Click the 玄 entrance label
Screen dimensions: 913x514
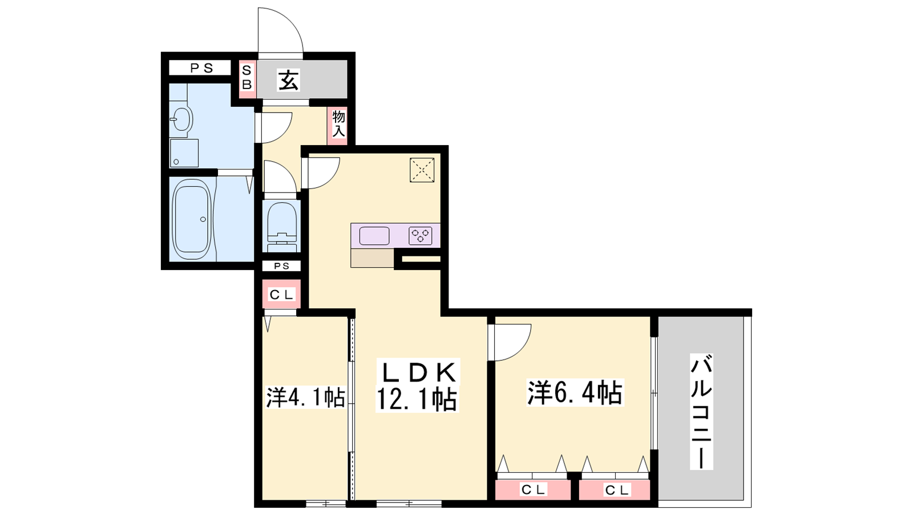[x=289, y=80]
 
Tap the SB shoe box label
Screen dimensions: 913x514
[x=247, y=78]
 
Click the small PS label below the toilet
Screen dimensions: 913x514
[x=281, y=266]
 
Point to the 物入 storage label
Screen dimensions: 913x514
[x=339, y=124]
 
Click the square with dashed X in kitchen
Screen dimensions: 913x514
[x=422, y=170]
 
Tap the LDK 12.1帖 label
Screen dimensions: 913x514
[x=417, y=385]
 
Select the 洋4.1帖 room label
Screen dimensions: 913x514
[x=306, y=397]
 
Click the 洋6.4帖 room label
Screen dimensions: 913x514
[x=575, y=392]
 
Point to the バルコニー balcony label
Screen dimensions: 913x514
[x=701, y=412]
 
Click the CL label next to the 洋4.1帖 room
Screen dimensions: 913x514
[x=281, y=295]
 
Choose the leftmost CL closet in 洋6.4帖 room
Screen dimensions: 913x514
[x=533, y=489]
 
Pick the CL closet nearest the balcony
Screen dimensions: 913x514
[x=615, y=489]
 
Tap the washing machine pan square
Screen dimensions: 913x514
[x=184, y=153]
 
